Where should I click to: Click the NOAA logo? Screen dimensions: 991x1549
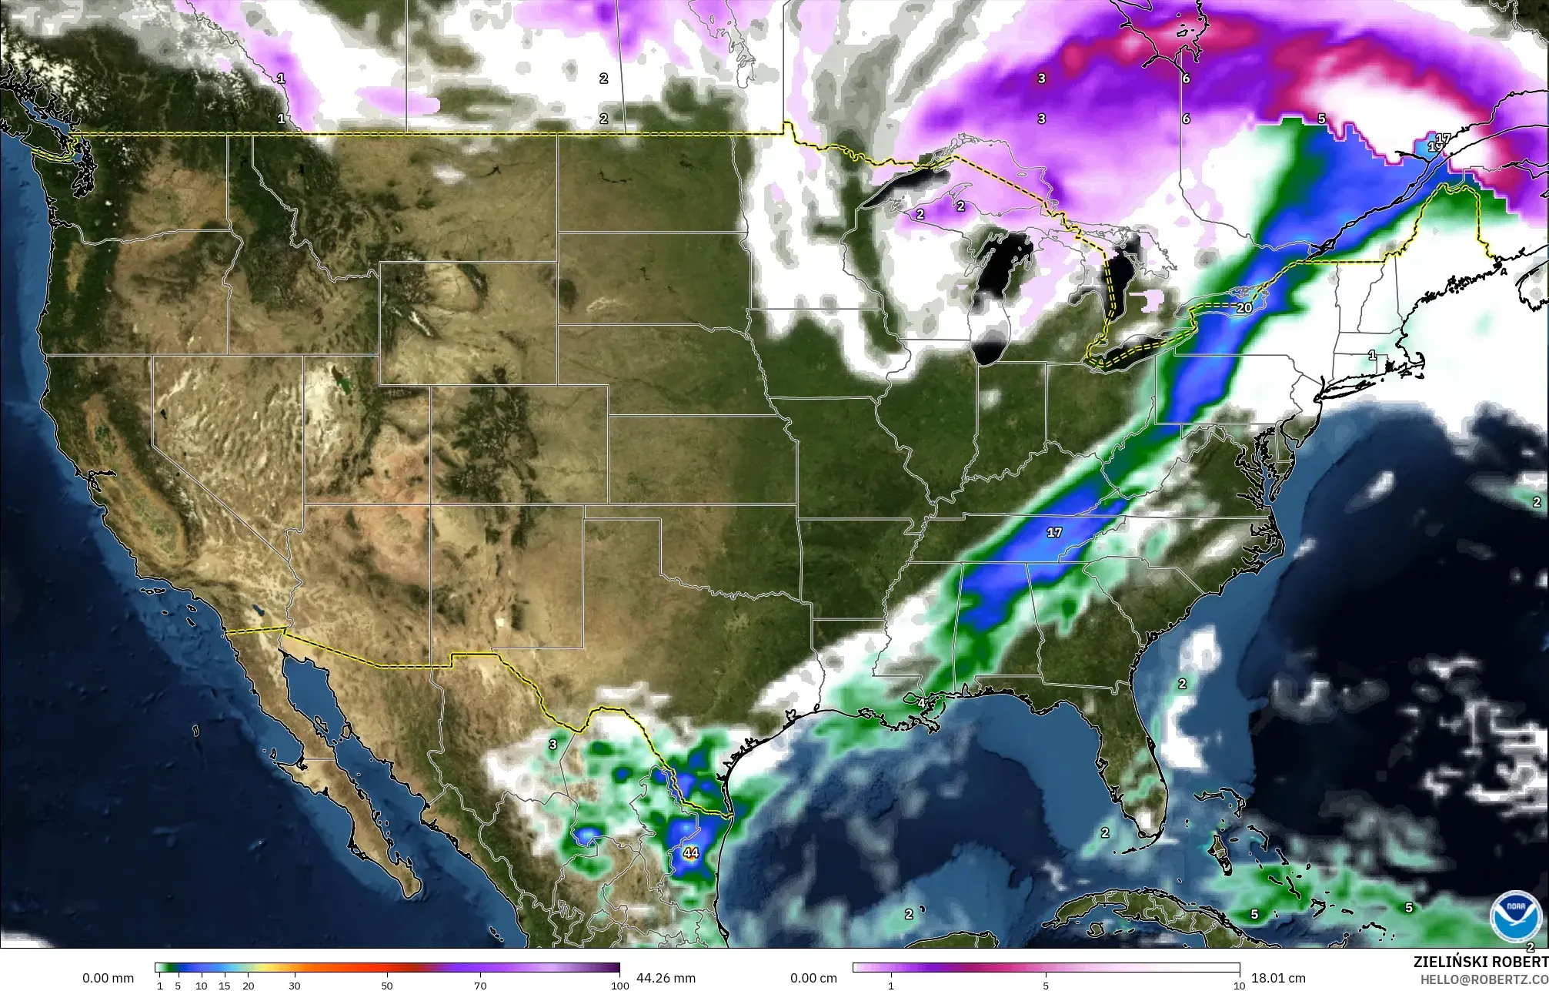click(x=1511, y=914)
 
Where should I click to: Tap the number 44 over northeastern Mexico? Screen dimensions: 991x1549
click(x=690, y=853)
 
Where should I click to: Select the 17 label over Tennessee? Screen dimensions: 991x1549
click(x=1054, y=533)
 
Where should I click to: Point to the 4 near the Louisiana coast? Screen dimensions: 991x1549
click(x=921, y=703)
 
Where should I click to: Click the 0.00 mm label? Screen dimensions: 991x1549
click(x=108, y=978)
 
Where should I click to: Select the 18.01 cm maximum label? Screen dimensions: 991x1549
click(x=1278, y=978)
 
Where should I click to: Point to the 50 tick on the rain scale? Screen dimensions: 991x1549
click(x=387, y=986)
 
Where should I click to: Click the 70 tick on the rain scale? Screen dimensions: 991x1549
click(x=480, y=986)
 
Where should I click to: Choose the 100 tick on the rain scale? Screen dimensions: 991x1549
click(x=616, y=986)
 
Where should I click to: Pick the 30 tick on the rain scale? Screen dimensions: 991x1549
click(x=294, y=986)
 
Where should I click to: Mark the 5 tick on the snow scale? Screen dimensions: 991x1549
click(x=1046, y=986)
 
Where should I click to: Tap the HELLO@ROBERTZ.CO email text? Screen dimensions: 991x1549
click(x=1484, y=978)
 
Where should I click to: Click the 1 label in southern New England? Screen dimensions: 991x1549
click(x=1372, y=355)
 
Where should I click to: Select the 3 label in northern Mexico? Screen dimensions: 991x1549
click(x=552, y=745)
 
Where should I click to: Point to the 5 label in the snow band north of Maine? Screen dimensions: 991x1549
click(x=1321, y=119)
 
